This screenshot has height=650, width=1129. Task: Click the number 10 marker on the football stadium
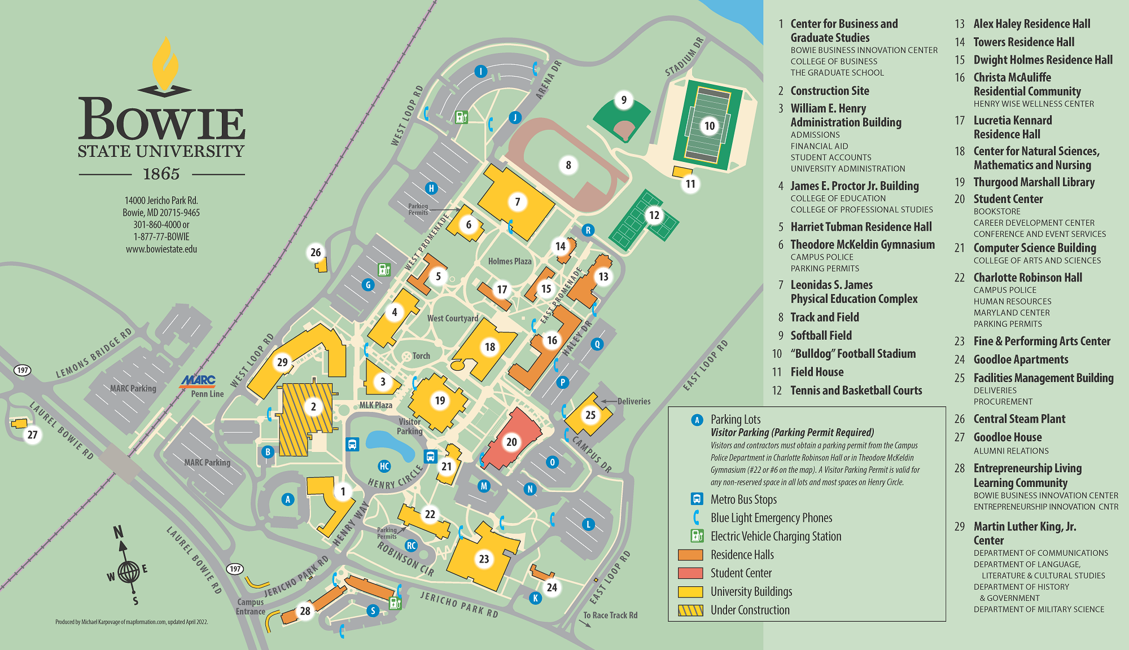[710, 126]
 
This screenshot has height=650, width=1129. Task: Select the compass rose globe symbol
[129, 572]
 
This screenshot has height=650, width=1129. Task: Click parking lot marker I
[480, 71]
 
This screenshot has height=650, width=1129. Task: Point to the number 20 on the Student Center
[511, 442]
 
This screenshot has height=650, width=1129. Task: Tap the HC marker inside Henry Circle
[384, 466]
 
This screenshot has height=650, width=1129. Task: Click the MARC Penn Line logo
[198, 381]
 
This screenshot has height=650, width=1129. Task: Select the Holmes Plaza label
[509, 261]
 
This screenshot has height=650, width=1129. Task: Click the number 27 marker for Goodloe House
[33, 434]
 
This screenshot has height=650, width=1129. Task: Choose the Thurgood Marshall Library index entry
[1034, 182]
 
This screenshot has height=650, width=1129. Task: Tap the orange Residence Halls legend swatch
[690, 555]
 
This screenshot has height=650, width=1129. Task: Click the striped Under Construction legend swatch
[690, 610]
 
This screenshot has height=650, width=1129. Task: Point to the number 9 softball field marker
[624, 100]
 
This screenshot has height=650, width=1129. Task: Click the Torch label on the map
[421, 356]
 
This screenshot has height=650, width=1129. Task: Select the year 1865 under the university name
[161, 174]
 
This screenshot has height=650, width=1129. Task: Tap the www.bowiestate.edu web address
[161, 249]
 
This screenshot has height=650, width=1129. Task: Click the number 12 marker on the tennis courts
[654, 215]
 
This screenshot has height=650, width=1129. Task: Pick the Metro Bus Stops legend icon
[697, 499]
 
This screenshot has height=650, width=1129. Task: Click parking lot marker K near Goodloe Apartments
[535, 598]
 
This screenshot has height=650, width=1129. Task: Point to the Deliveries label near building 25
[633, 401]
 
